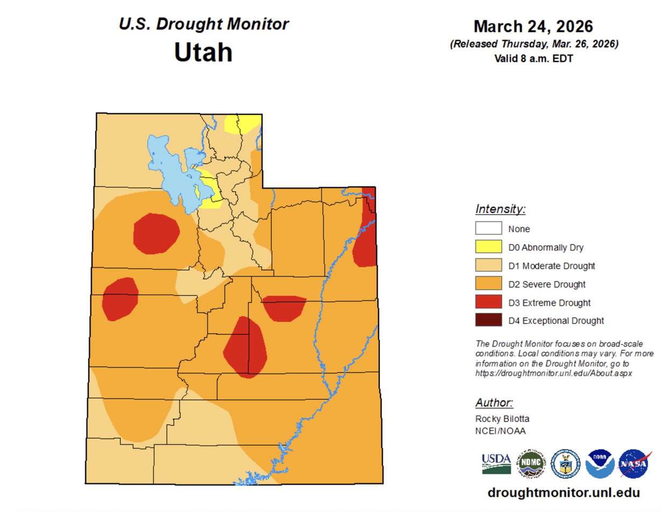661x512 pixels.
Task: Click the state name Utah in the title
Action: (x=203, y=53)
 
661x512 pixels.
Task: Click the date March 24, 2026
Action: (x=533, y=26)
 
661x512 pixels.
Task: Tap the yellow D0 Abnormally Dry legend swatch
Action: (x=488, y=247)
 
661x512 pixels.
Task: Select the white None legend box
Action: (x=488, y=228)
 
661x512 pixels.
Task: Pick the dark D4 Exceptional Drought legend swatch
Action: (x=488, y=320)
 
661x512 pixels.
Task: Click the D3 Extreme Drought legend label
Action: (x=549, y=303)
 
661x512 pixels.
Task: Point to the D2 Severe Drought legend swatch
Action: (x=488, y=284)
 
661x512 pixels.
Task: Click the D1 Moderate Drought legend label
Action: (x=551, y=266)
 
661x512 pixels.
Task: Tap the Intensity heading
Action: (x=500, y=209)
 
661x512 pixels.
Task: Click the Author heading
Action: (x=494, y=403)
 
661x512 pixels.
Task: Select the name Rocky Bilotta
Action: (x=502, y=419)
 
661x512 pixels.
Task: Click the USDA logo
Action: (x=496, y=463)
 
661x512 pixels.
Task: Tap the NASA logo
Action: (x=635, y=464)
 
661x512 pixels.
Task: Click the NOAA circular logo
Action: (x=600, y=464)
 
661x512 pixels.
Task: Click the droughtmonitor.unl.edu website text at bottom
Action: (x=563, y=493)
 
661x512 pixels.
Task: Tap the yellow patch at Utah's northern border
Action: (x=240, y=124)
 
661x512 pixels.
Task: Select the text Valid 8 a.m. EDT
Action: (x=533, y=58)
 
